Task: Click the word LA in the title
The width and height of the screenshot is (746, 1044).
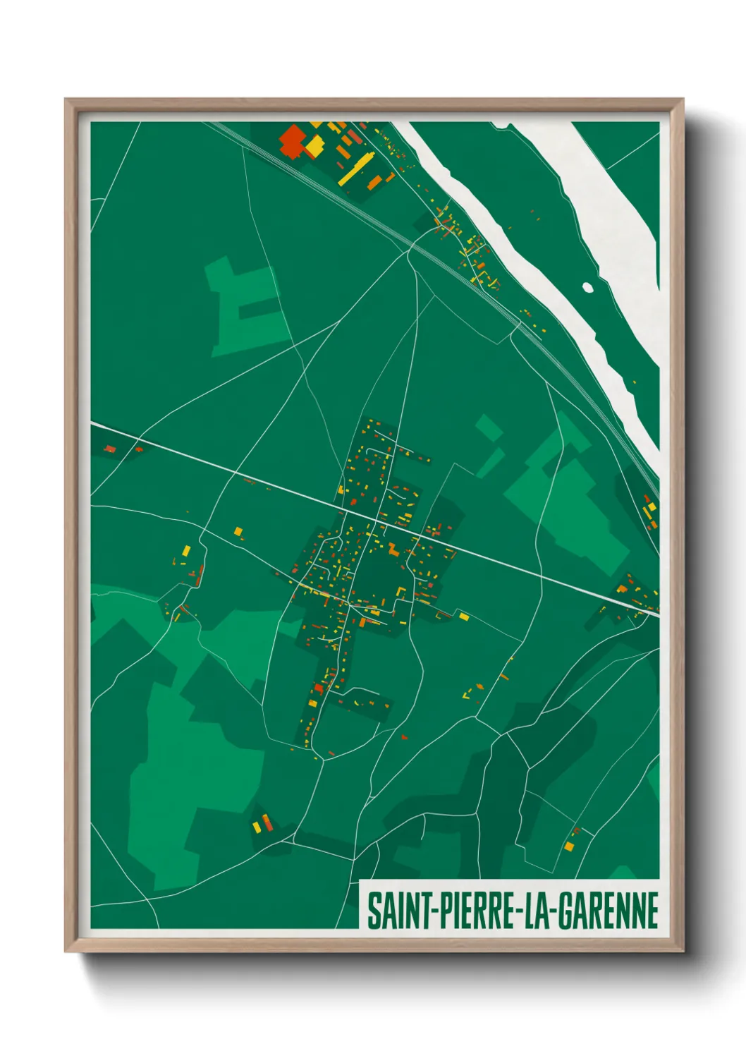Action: tap(535, 911)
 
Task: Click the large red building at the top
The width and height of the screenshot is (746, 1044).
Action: tap(291, 140)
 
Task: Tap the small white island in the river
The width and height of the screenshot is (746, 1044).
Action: tap(587, 286)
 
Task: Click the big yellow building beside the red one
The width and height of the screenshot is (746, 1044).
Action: tap(314, 147)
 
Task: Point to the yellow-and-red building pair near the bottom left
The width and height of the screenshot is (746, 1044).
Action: tap(262, 823)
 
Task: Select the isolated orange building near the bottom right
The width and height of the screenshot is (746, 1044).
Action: tap(569, 846)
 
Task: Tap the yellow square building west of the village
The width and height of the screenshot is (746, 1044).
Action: tap(238, 531)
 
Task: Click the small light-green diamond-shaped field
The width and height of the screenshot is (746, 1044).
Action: tap(488, 427)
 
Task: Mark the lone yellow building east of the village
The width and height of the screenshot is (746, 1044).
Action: tap(464, 617)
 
